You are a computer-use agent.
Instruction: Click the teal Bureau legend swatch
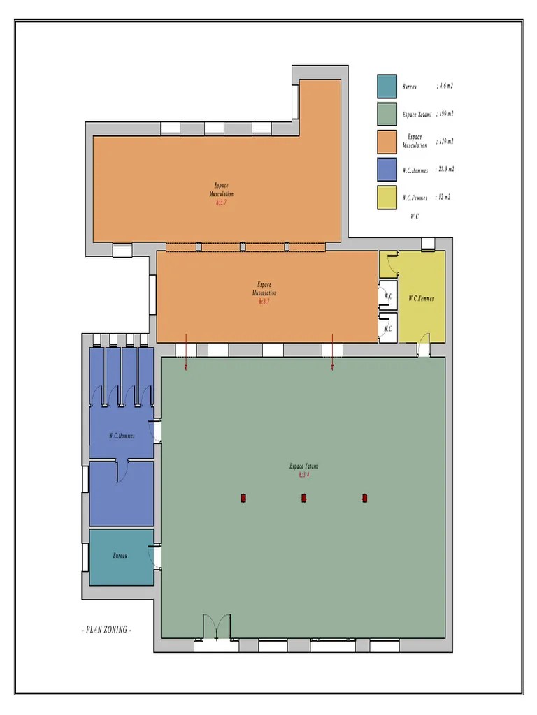[x=387, y=87]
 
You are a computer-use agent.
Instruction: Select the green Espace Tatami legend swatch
[x=387, y=114]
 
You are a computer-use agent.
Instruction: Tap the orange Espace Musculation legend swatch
[x=387, y=142]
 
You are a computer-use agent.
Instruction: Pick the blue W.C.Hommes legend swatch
[x=387, y=170]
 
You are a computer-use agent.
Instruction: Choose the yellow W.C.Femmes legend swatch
[x=387, y=198]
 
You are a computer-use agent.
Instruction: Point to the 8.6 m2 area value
[x=445, y=87]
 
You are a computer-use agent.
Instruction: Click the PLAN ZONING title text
[x=106, y=629]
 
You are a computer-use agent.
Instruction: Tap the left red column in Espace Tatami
[x=243, y=498]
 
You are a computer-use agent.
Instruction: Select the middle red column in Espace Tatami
[x=304, y=498]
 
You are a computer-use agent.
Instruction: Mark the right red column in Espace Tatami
[x=364, y=498]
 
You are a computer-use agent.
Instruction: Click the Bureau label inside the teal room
[x=120, y=556]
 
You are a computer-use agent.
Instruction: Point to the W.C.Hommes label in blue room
[x=122, y=436]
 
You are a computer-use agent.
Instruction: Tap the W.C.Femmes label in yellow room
[x=421, y=298]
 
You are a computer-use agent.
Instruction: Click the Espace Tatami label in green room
[x=303, y=466]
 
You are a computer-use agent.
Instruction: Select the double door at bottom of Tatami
[x=216, y=627]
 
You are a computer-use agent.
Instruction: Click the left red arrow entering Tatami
[x=186, y=352]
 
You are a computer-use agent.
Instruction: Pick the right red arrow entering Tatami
[x=332, y=352]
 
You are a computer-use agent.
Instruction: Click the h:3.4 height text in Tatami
[x=303, y=475]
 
